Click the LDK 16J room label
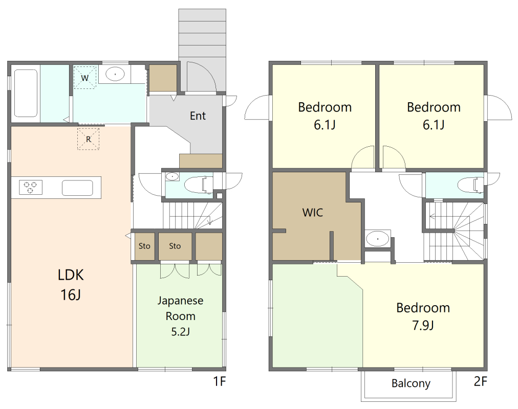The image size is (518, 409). point(71,285)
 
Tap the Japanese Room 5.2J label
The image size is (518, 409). point(180,316)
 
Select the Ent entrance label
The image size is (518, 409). point(198,116)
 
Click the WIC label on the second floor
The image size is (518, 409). point(313,212)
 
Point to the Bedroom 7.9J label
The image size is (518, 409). point(423,316)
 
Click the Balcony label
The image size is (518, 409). point(411,383)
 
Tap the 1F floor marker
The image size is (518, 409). point(220,381)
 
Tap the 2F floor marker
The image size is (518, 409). point(480,381)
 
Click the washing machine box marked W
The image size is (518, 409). point(84,78)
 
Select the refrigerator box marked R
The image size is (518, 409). point(88,139)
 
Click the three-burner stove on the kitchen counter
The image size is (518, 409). point(31,187)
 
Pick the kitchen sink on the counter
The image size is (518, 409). point(77,188)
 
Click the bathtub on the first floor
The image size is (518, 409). point(26,93)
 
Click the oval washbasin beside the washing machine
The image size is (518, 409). point(115,74)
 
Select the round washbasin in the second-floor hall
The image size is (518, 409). point(378,239)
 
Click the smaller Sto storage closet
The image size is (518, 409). point(144,246)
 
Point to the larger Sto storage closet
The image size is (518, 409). point(175,246)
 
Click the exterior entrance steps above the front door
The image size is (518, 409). point(202,35)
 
